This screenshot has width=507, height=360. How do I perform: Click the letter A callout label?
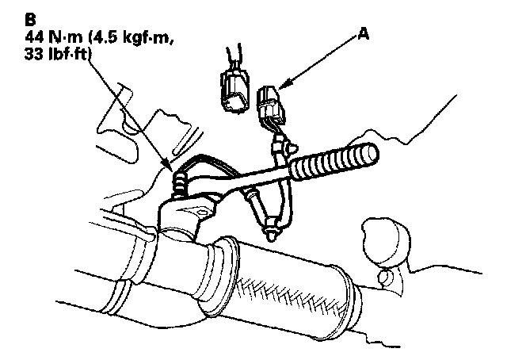click(363, 34)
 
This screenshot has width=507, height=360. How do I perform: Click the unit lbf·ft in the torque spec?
click(71, 55)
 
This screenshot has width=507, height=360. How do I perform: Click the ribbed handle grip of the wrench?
click(333, 160)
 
